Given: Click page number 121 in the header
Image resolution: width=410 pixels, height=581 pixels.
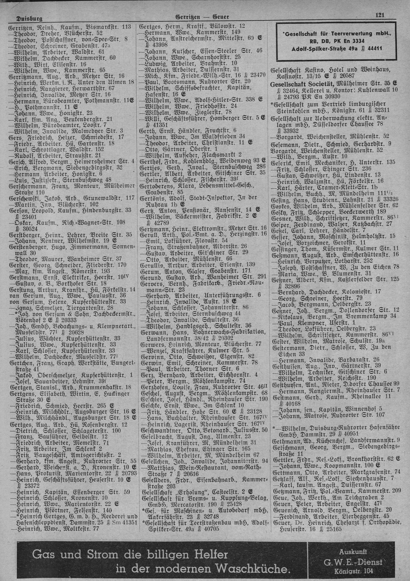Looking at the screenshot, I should [x=380, y=15].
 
